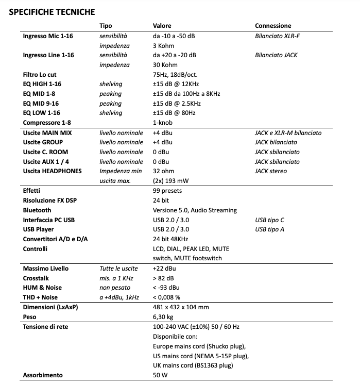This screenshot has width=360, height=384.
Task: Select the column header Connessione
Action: coord(273,26)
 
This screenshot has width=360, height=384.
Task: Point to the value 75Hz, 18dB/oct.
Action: coord(176,74)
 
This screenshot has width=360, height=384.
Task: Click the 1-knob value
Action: coord(162,123)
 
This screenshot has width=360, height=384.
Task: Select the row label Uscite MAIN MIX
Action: coord(47,132)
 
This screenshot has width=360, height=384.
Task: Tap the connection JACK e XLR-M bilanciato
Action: coord(288,132)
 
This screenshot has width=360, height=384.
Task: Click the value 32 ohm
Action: coord(164,171)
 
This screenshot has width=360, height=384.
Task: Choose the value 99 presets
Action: coord(168,191)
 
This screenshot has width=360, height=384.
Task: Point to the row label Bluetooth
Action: coord(37,210)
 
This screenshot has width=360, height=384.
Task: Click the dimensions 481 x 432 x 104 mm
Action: coord(181,307)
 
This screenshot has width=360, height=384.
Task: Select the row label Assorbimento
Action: coord(43,375)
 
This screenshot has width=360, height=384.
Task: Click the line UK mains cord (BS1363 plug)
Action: coord(193,365)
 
